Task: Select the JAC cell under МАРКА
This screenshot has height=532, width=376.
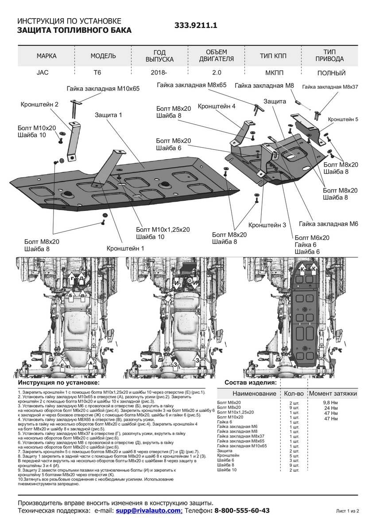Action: point(43,73)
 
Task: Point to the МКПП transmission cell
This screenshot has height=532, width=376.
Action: point(273,73)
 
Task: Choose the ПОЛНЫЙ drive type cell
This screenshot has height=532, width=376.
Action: point(331,73)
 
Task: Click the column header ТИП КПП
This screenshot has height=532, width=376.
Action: point(273,56)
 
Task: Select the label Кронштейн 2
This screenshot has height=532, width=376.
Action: point(39,105)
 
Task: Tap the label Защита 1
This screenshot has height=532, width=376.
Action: point(108,115)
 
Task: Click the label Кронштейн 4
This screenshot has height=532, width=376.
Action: point(217,106)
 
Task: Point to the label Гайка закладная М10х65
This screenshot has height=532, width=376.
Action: point(103,89)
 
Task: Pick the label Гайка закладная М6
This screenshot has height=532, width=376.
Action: point(328,224)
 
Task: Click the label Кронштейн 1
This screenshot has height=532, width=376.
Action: point(126,249)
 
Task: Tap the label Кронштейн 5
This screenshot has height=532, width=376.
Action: point(343,120)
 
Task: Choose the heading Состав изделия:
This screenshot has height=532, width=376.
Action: point(251,382)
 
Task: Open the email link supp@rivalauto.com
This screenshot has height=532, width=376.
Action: point(149,511)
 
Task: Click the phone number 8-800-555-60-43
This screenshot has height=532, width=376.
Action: point(242,511)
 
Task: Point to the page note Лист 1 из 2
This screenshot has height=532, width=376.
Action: point(347,511)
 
